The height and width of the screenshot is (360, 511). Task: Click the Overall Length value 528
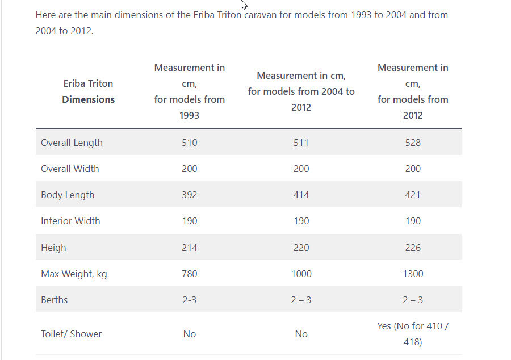pyautogui.click(x=413, y=143)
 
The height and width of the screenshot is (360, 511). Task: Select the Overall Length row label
pyautogui.click(x=72, y=143)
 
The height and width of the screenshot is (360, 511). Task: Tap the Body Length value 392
pyautogui.click(x=190, y=195)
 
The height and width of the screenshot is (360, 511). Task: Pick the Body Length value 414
pyautogui.click(x=301, y=195)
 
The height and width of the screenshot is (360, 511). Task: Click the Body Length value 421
pyautogui.click(x=413, y=195)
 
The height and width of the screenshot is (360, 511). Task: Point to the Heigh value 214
pyautogui.click(x=190, y=248)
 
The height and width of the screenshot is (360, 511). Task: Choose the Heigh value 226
pyautogui.click(x=413, y=248)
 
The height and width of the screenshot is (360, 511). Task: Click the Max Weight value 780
pyautogui.click(x=190, y=274)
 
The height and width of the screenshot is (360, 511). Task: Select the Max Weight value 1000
pyautogui.click(x=301, y=274)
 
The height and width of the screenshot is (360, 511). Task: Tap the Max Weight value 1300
pyautogui.click(x=413, y=274)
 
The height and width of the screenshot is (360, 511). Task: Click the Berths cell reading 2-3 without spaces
pyautogui.click(x=190, y=300)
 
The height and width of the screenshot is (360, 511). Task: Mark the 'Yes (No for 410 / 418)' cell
pyautogui.click(x=413, y=334)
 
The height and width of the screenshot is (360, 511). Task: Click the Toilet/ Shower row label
pyautogui.click(x=71, y=334)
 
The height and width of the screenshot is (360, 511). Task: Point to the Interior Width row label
pyautogui.click(x=70, y=221)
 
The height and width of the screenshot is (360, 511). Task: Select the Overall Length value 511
pyautogui.click(x=301, y=143)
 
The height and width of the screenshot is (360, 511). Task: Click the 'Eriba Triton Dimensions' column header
pyautogui.click(x=88, y=91)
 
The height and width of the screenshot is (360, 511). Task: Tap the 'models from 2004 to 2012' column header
pyautogui.click(x=301, y=91)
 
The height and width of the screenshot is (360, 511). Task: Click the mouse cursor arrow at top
pyautogui.click(x=244, y=5)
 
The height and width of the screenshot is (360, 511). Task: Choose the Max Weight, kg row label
pyautogui.click(x=74, y=274)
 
